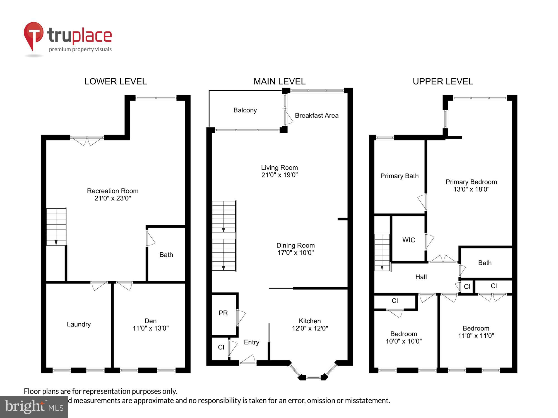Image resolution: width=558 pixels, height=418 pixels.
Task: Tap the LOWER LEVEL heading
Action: (x=116, y=81)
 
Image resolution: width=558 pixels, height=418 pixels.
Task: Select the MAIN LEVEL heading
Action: (x=279, y=81)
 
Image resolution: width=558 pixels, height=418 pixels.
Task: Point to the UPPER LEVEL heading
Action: (x=443, y=81)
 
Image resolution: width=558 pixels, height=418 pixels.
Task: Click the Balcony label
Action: (x=245, y=110)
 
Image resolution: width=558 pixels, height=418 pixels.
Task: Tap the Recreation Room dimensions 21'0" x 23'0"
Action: (x=113, y=198)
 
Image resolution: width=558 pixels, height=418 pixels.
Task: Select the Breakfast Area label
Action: (x=316, y=115)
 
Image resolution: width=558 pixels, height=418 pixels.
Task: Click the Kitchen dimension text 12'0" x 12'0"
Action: (x=310, y=328)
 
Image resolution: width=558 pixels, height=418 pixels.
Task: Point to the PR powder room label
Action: (x=223, y=313)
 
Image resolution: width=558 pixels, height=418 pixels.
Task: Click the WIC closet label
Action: (x=408, y=240)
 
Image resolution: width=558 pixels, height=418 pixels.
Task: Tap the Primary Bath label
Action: (x=399, y=176)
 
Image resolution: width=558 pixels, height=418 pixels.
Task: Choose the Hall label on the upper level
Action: (x=421, y=277)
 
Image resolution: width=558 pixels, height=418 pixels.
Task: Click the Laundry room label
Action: (x=79, y=324)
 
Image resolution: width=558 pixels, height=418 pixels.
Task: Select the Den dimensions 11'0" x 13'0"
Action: (x=150, y=328)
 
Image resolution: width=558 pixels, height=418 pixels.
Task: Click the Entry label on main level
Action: (x=251, y=342)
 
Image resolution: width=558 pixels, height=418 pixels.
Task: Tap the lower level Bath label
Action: (x=166, y=254)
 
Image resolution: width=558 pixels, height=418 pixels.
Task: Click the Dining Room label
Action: (x=295, y=245)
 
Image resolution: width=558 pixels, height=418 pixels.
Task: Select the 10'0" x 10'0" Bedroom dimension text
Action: (x=403, y=341)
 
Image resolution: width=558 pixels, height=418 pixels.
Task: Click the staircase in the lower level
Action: (x=56, y=227)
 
